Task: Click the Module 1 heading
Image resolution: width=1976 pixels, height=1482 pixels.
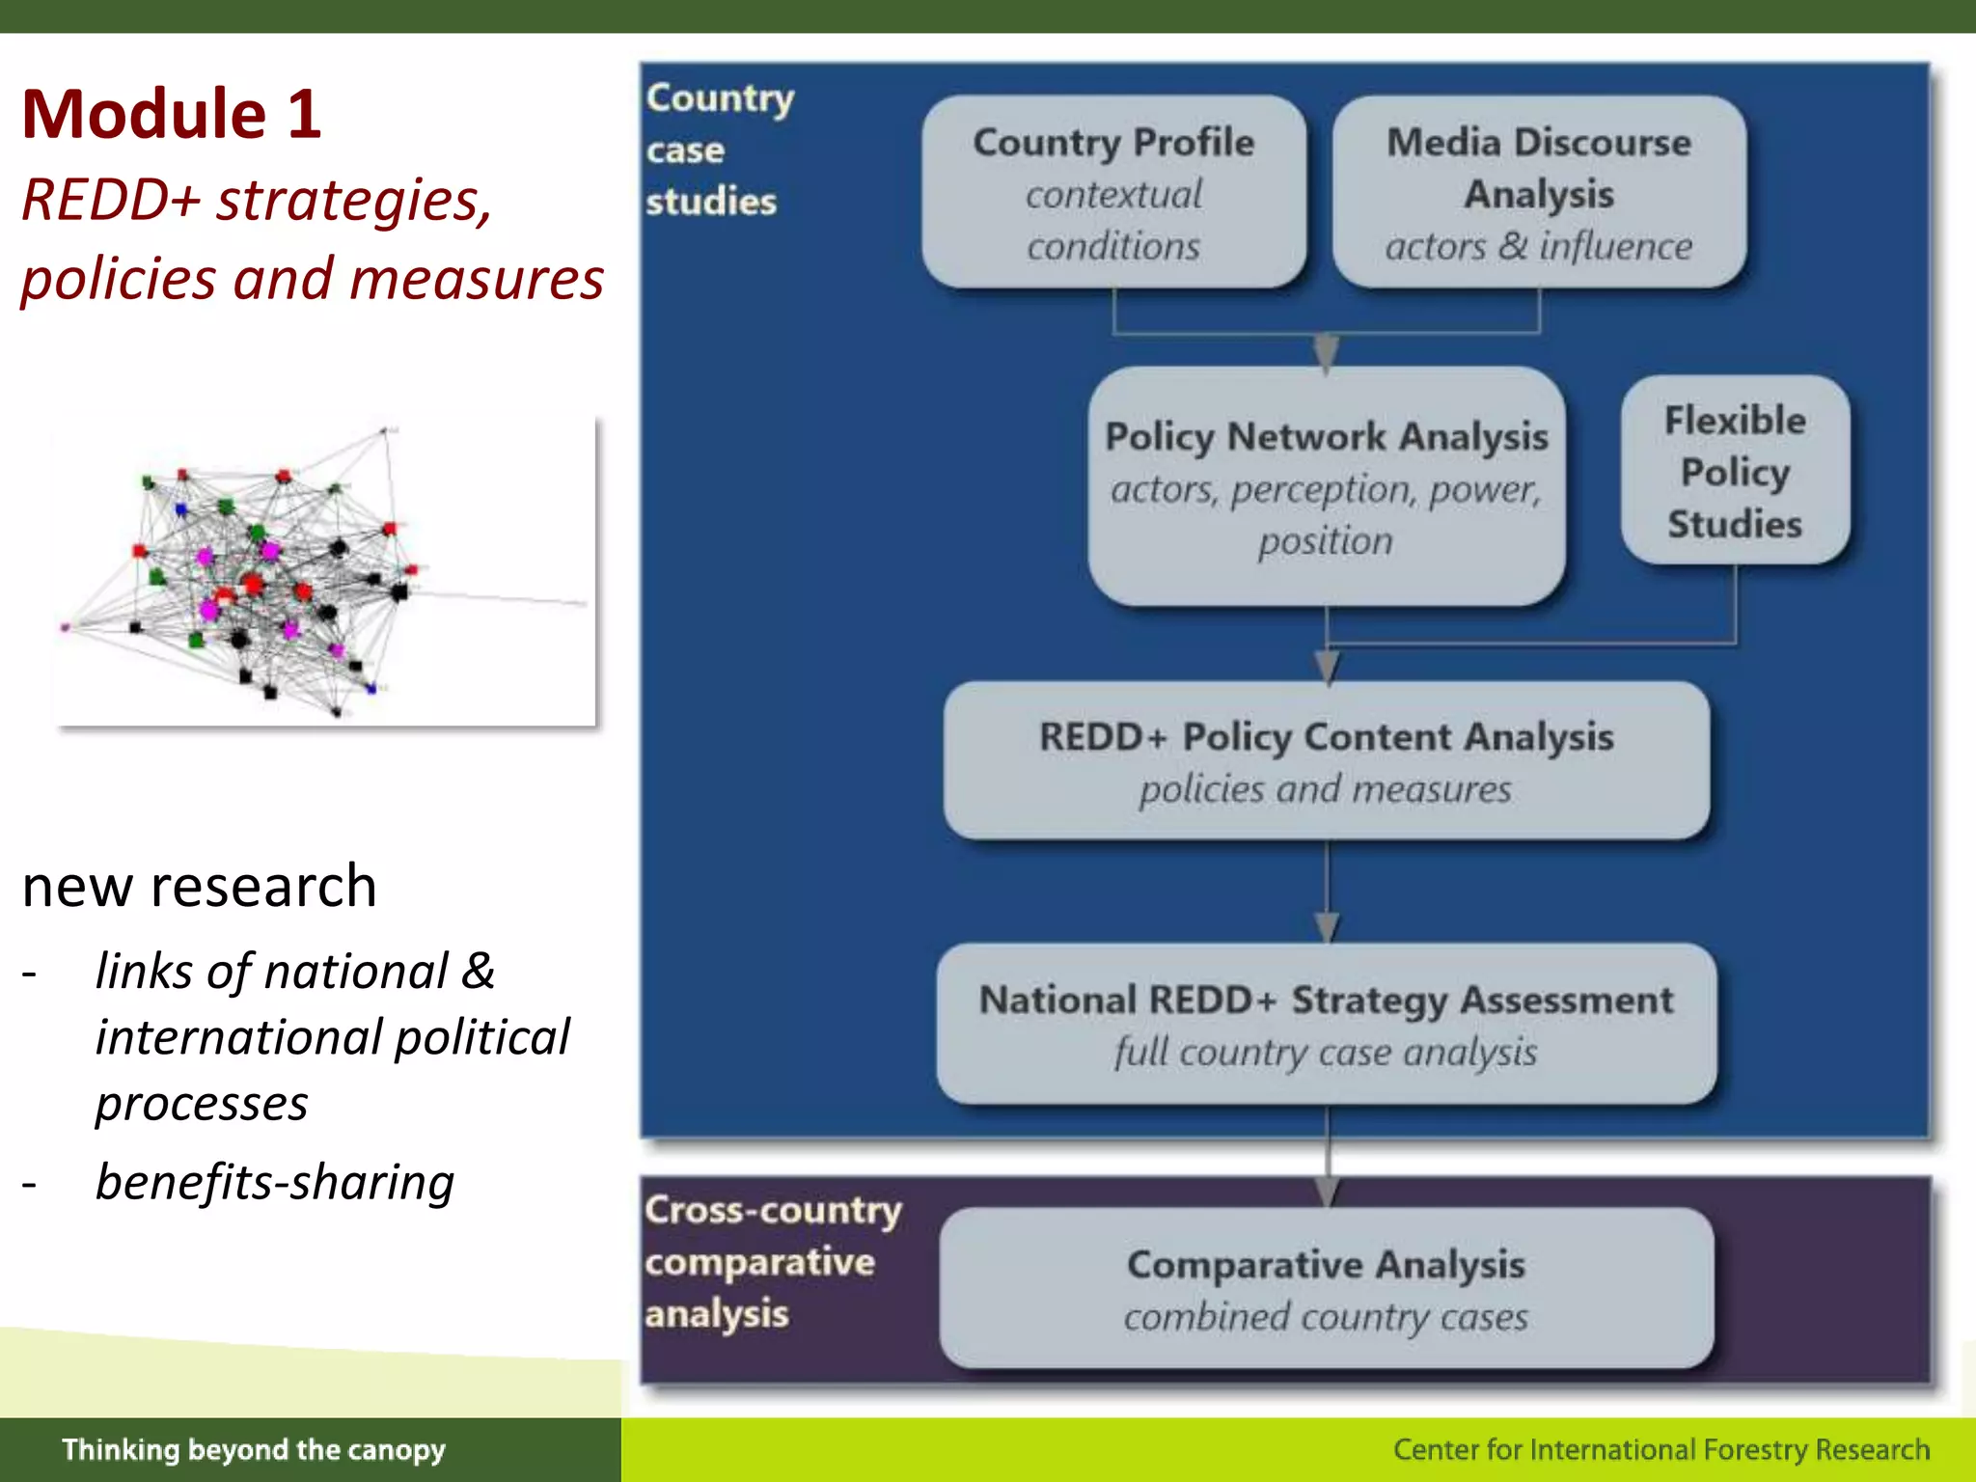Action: [172, 114]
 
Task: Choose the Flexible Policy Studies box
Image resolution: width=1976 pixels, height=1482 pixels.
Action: [1735, 471]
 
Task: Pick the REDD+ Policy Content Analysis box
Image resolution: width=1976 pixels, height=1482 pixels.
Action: [1326, 760]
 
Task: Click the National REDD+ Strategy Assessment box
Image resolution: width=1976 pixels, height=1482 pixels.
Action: [1326, 1024]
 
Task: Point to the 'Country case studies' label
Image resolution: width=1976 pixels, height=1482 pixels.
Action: [719, 149]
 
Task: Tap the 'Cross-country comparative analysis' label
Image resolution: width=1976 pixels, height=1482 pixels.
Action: [772, 1260]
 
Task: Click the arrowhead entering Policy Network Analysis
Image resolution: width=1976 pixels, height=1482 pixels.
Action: [1327, 352]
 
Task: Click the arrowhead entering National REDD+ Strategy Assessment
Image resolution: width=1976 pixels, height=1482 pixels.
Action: [1327, 927]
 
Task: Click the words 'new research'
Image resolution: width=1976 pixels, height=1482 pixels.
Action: [199, 886]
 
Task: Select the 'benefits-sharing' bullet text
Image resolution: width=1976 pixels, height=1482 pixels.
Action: [275, 1181]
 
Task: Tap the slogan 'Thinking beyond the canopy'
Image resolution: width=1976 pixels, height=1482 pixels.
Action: [254, 1449]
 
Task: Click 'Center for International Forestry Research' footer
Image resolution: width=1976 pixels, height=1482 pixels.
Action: [1661, 1449]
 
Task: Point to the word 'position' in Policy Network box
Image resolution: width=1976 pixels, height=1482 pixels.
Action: [1326, 540]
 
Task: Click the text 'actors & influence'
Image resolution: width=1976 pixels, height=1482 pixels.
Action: [1538, 246]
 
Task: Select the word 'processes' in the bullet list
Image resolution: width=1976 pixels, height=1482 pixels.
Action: [202, 1102]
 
